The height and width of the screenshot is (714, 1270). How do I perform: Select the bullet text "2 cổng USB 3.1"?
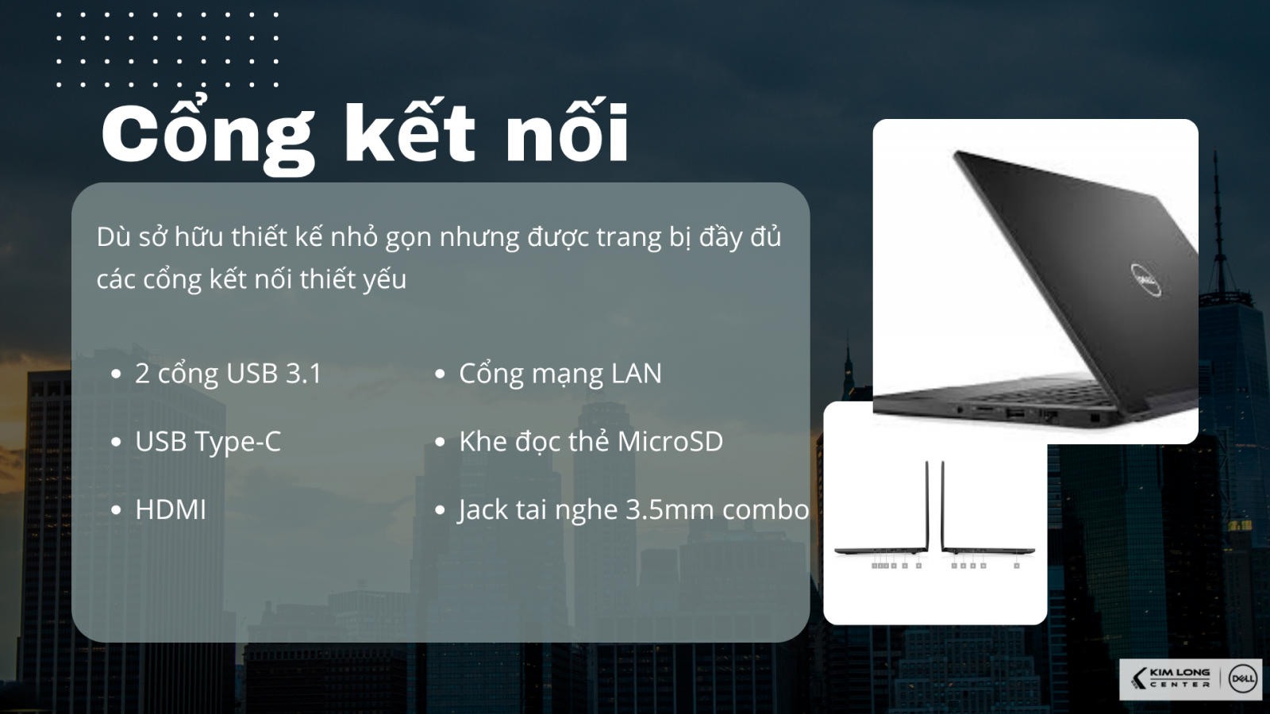[228, 374]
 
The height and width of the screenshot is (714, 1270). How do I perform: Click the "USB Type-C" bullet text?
[208, 442]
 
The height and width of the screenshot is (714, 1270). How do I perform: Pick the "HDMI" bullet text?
[171, 510]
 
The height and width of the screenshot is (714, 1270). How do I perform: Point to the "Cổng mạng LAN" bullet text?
[560, 374]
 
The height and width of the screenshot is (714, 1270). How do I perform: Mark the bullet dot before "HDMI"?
[117, 510]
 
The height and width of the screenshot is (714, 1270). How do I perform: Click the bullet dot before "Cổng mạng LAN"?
[440, 374]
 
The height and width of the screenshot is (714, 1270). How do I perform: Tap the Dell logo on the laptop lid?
[1146, 279]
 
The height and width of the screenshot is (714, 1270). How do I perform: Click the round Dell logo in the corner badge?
[1242, 679]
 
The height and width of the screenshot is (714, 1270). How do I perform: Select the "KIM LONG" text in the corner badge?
[1180, 673]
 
